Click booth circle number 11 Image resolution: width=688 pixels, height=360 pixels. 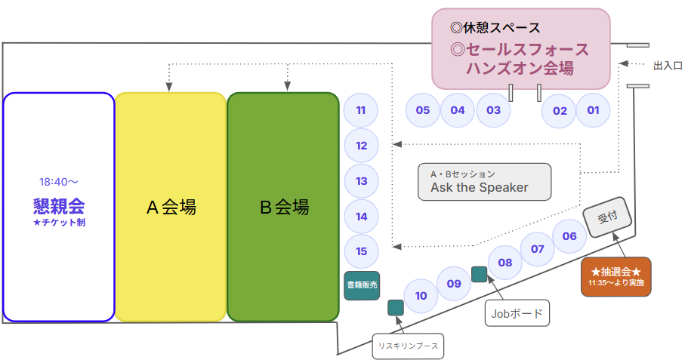pos(361,110)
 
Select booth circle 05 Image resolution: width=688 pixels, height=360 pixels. pos(422,110)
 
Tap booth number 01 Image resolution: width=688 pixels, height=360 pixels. pos(593,110)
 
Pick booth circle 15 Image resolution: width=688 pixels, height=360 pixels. pos(361,251)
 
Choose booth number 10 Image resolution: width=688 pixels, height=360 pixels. pos(421,296)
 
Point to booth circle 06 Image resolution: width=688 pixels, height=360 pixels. pos(569,236)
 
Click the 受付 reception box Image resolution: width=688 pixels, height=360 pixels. pos(607,217)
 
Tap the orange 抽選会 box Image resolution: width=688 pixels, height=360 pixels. pos(615,277)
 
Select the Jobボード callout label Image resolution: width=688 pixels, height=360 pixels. pos(517,313)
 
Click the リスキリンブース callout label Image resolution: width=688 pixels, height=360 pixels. pos(408,346)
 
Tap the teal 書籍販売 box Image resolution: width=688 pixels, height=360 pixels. pos(362,285)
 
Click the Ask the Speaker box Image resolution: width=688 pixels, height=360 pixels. pos(484,182)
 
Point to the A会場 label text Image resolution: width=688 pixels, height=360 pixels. pos(171,207)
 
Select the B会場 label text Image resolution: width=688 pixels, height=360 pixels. pos(284,207)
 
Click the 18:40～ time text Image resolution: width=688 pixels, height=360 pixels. pos(59,182)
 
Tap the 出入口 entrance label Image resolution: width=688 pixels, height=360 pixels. pos(668,66)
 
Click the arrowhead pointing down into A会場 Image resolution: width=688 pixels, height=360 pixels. pos(169,86)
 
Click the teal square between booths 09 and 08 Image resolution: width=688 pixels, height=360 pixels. pos(479,274)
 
